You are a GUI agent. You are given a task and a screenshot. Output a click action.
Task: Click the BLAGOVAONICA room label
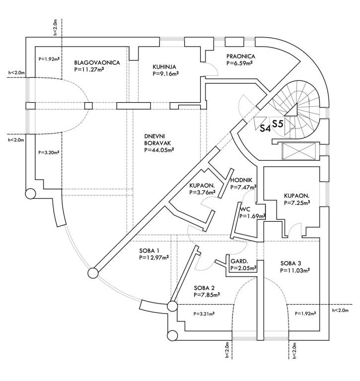point(97,63)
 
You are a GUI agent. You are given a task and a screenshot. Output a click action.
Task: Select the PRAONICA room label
point(240,57)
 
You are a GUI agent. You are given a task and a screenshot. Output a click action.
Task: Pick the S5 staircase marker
point(278,124)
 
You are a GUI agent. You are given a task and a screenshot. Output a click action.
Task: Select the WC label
point(244,209)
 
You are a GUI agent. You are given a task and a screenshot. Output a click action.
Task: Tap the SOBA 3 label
point(291,263)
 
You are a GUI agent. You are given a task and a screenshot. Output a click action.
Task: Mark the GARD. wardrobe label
point(239,261)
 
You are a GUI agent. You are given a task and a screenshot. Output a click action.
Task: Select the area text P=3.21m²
point(206,314)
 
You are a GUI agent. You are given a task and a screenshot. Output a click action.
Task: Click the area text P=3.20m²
point(49,153)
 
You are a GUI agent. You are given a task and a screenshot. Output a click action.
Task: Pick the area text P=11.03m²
point(295,270)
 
